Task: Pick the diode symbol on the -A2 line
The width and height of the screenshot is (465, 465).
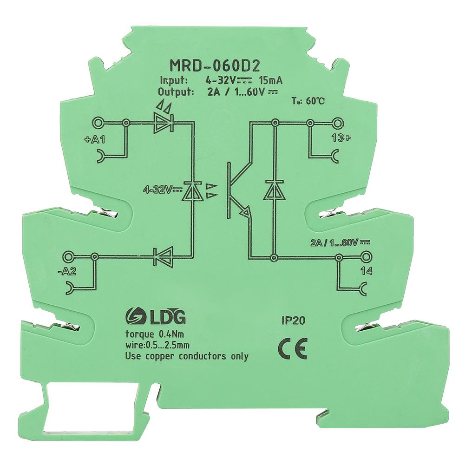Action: click(x=164, y=255)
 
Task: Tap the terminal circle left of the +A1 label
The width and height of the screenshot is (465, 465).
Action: click(x=98, y=123)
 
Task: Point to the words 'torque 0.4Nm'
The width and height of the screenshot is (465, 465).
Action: click(x=149, y=333)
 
